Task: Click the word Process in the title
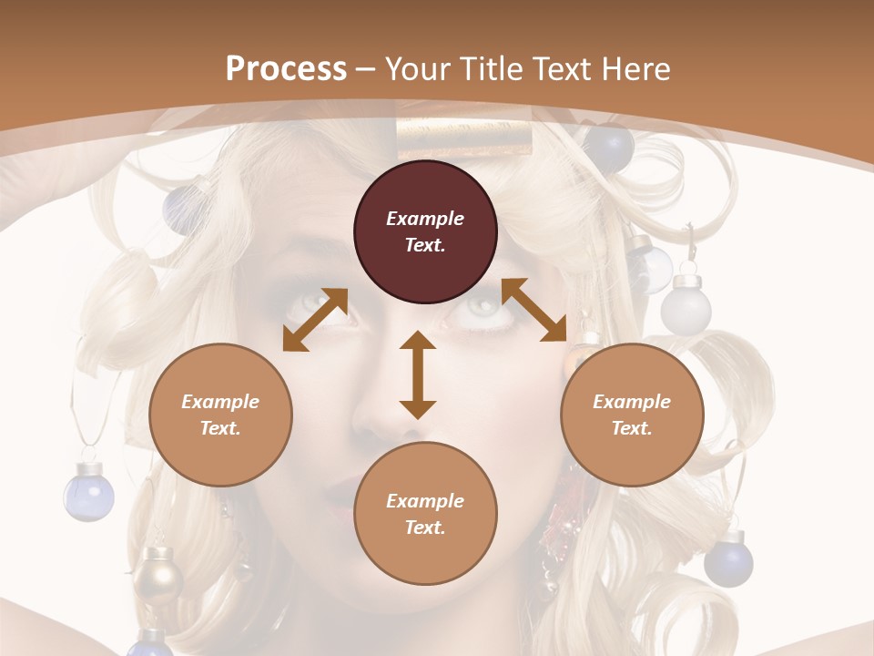point(286,69)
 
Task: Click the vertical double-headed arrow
point(418,375)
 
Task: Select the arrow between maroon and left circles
point(315,320)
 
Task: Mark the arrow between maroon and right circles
point(534,310)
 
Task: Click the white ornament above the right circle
point(686,308)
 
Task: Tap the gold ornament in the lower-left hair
point(158,572)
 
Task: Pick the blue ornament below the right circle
point(728,561)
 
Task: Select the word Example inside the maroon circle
point(425,219)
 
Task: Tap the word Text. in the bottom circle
point(425,528)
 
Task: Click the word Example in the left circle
point(220,402)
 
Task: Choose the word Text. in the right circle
point(632,428)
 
